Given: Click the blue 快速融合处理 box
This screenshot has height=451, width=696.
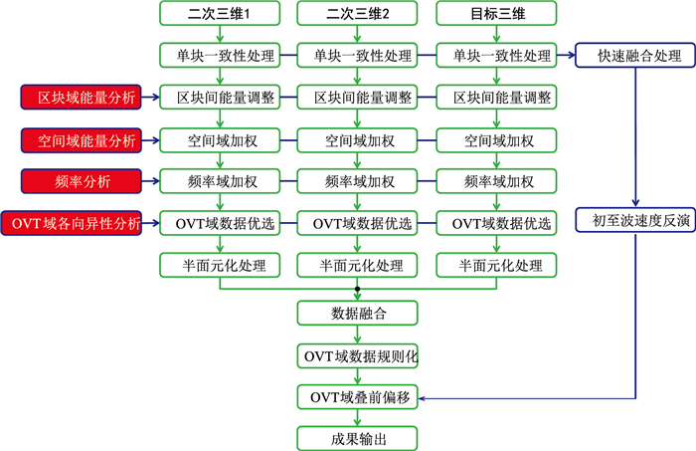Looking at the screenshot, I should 632,57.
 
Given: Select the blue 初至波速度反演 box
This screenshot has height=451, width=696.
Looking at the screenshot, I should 632,222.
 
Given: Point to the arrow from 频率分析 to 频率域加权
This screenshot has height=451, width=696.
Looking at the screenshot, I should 149,181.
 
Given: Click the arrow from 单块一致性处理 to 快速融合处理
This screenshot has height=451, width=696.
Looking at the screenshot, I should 565,57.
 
